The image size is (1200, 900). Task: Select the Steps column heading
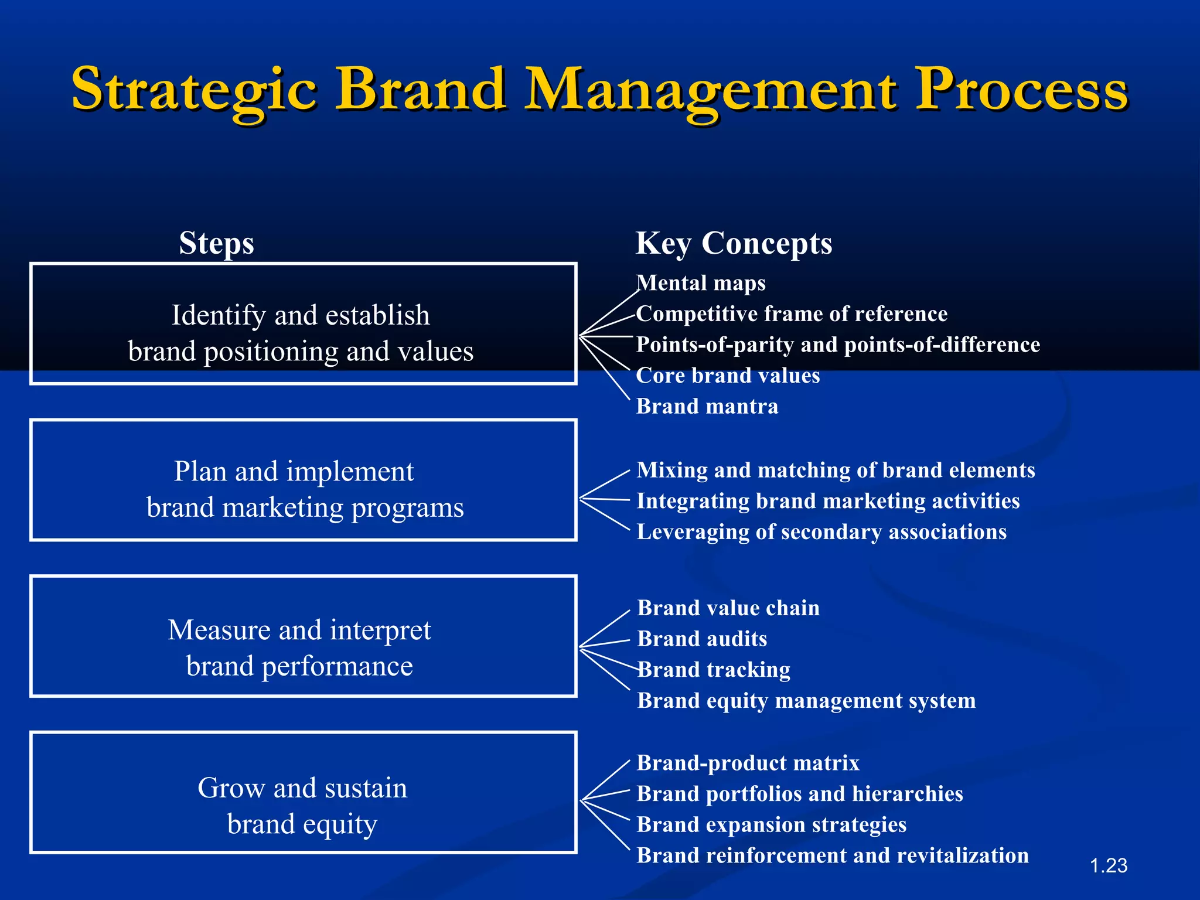216,243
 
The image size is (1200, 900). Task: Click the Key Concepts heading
734,243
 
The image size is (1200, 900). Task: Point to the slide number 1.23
1109,865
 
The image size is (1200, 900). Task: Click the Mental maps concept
701,283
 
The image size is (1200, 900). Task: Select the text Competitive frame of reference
792,314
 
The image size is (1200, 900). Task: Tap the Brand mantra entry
707,406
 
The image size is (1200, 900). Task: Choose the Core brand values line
728,376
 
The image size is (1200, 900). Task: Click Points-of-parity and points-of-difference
838,345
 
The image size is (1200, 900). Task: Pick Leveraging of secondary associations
821,532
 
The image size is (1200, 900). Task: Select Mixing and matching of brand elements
836,470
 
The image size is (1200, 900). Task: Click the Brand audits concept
702,639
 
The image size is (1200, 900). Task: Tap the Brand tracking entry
714,670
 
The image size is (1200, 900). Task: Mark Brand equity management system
806,701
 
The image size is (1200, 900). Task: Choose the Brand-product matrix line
748,763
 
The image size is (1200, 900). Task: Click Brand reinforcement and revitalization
833,855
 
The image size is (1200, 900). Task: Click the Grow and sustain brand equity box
303,792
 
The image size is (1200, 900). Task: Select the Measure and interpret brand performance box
303,636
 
